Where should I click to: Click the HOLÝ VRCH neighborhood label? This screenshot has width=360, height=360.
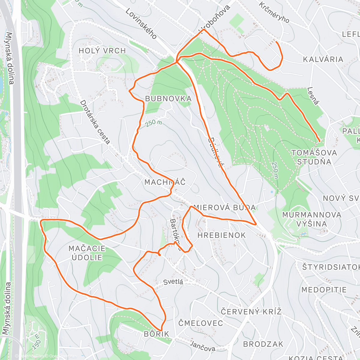(x=102, y=51)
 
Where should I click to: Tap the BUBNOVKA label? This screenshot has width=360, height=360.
(x=168, y=99)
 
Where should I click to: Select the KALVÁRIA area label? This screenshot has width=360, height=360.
(x=323, y=59)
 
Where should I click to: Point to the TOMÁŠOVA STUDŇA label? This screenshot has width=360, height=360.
(x=314, y=157)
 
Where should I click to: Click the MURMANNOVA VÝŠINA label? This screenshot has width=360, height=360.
(x=312, y=219)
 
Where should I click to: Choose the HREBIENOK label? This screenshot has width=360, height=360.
(x=222, y=235)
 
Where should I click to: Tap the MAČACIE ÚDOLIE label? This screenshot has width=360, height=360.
(x=87, y=253)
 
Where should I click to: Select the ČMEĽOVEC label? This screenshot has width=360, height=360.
(x=201, y=323)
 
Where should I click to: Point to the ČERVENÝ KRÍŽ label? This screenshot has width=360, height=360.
(x=251, y=312)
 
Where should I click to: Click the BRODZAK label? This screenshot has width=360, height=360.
(x=263, y=344)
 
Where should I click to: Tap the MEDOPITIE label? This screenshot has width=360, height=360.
(x=324, y=290)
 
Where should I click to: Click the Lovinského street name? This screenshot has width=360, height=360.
(x=141, y=24)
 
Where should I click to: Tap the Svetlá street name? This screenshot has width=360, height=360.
(x=173, y=282)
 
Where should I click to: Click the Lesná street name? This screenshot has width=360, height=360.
(x=313, y=96)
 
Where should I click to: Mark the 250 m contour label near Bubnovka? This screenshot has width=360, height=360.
(x=154, y=123)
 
